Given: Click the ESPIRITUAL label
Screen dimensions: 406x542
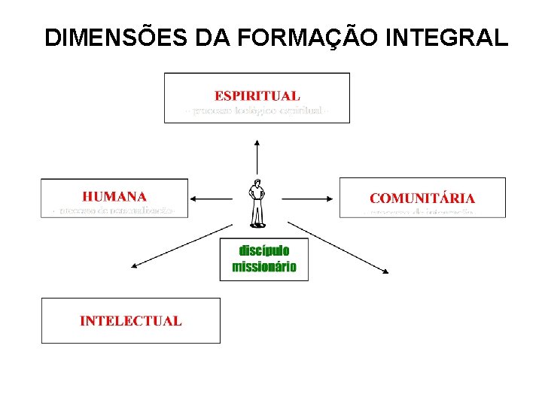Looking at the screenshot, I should click(257, 95).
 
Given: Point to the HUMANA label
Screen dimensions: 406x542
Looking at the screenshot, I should click(114, 196).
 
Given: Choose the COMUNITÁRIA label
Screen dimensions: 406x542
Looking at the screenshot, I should click(422, 198).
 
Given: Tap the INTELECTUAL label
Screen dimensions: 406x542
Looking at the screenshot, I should click(131, 320).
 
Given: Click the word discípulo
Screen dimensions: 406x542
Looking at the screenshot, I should click(263, 250).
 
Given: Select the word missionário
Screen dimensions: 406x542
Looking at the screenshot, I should click(264, 267).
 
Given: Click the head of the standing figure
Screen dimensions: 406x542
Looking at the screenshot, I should click(257, 183).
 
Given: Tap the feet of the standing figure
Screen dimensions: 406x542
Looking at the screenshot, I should click(257, 223).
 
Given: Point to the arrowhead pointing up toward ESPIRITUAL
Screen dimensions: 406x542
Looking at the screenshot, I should click(257, 142).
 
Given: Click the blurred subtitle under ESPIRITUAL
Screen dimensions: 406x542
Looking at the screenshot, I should click(257, 112).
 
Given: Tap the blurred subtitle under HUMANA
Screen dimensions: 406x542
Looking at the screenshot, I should click(114, 211).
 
